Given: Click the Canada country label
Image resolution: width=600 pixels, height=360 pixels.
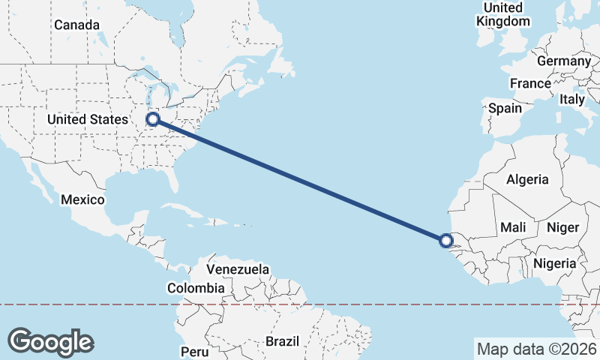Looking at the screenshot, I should click(76, 25).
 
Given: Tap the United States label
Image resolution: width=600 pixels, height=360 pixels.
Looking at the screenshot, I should click(88, 119).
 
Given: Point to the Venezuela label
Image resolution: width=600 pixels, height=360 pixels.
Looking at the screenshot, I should click(238, 268).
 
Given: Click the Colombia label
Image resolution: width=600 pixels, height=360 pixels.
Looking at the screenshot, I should click(196, 287).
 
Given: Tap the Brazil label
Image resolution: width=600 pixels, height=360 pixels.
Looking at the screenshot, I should click(282, 341).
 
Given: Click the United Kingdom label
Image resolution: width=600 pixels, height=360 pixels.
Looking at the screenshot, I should click(502, 14).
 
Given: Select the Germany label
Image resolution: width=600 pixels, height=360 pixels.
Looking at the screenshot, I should click(564, 61).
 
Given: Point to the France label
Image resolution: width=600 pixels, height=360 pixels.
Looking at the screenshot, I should click(530, 82).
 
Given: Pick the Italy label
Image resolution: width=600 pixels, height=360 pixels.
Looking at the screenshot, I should click(572, 99).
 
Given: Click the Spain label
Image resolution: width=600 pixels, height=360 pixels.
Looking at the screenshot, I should click(505, 108).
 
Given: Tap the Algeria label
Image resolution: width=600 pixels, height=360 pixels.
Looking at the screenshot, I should click(527, 179).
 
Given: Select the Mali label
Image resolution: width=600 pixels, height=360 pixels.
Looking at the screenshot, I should click(513, 226).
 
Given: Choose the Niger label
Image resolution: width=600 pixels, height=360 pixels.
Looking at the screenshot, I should click(563, 226).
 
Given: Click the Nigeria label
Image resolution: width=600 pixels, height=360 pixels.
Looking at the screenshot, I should click(554, 263).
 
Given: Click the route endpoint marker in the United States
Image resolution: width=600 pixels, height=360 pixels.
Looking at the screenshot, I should click(153, 118).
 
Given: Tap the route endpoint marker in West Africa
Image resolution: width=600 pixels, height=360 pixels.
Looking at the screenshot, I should click(446, 241).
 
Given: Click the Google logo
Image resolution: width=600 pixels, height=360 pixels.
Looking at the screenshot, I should click(50, 342).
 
